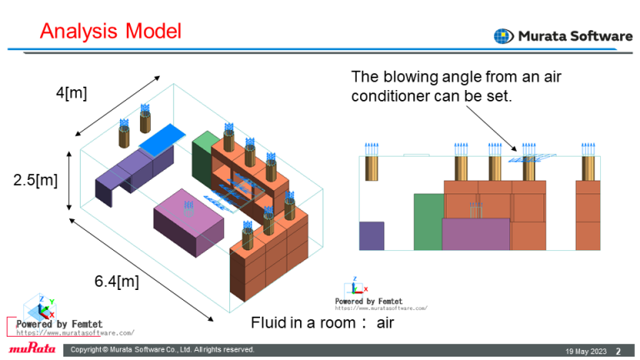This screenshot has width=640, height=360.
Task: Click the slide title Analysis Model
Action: click(111, 32)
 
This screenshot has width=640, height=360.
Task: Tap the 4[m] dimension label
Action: click(72, 92)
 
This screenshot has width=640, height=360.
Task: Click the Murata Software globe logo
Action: click(503, 36)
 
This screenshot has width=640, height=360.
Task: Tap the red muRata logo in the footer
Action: click(32, 348)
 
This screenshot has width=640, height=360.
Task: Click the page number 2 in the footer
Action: click(617, 350)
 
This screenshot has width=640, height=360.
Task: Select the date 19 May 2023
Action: click(583, 350)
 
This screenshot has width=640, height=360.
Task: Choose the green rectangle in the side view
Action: click(427, 221)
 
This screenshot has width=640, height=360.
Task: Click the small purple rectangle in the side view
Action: click(371, 236)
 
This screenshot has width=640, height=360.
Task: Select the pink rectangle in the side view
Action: click(475, 233)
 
